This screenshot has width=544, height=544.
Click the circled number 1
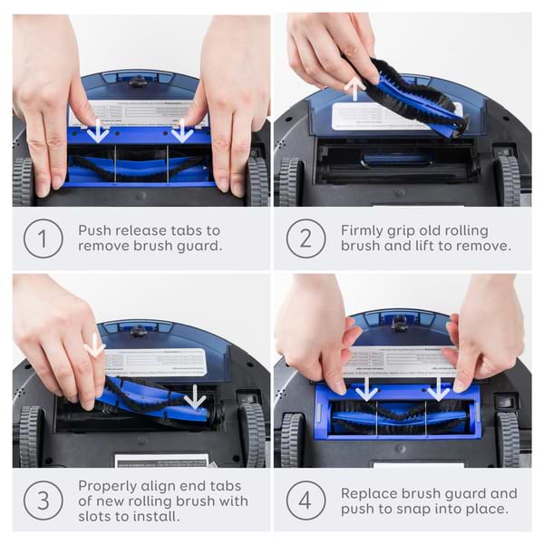click(43, 238)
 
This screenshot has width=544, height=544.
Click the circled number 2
click(306, 238)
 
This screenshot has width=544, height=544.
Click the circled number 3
click(43, 500)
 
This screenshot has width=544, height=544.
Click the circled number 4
click(306, 500)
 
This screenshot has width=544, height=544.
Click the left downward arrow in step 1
click(99, 131)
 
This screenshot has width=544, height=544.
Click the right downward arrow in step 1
click(182, 131)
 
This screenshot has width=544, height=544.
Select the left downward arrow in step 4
click(366, 390)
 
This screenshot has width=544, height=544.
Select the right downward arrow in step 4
click(439, 390)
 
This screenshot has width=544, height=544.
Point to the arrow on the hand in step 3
click(94, 345)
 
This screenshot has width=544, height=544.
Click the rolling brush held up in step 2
click(407, 95)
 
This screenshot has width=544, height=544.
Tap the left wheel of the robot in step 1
click(23, 181)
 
